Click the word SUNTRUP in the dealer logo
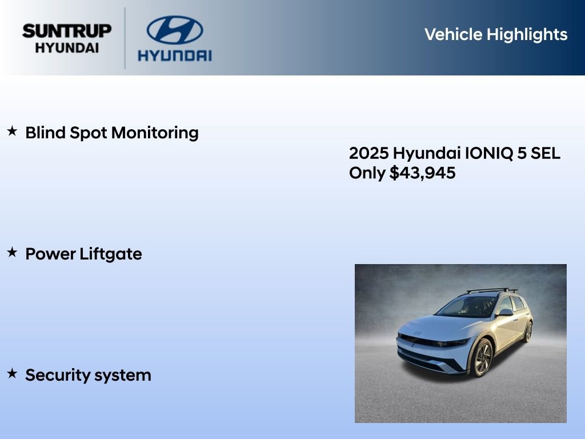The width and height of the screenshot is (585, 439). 67,31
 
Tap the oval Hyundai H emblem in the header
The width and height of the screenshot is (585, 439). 174,30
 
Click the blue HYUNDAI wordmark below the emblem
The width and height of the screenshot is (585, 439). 174,55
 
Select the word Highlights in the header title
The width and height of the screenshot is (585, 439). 527,34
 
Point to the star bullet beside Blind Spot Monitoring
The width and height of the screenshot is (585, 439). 12,131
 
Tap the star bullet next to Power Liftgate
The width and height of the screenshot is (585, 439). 12,252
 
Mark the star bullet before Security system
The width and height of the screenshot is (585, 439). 12,373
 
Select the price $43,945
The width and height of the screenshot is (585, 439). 423,173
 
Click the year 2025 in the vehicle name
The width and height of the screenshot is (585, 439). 368,153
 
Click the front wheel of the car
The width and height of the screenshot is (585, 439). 481,357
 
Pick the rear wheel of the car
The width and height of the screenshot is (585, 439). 528,331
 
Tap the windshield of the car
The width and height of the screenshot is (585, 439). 467,307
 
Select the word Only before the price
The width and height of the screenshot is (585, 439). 367,173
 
